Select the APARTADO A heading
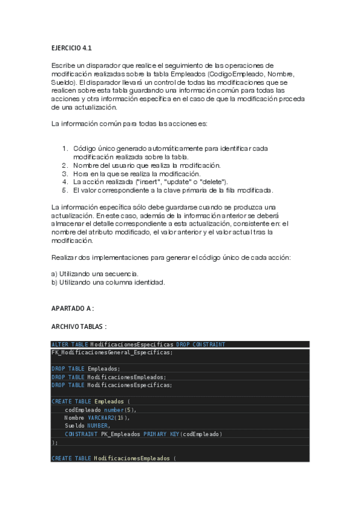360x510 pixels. pyautogui.click(x=73, y=308)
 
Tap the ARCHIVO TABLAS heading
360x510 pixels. pyautogui.click(x=79, y=326)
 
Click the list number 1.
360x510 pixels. pyautogui.click(x=65, y=148)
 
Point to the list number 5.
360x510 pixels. pyautogui.click(x=65, y=190)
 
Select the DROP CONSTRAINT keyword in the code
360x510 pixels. pyautogui.click(x=201, y=345)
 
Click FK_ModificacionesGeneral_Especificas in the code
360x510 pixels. pyautogui.click(x=112, y=352)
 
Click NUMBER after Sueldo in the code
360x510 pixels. pyautogui.click(x=99, y=426)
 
